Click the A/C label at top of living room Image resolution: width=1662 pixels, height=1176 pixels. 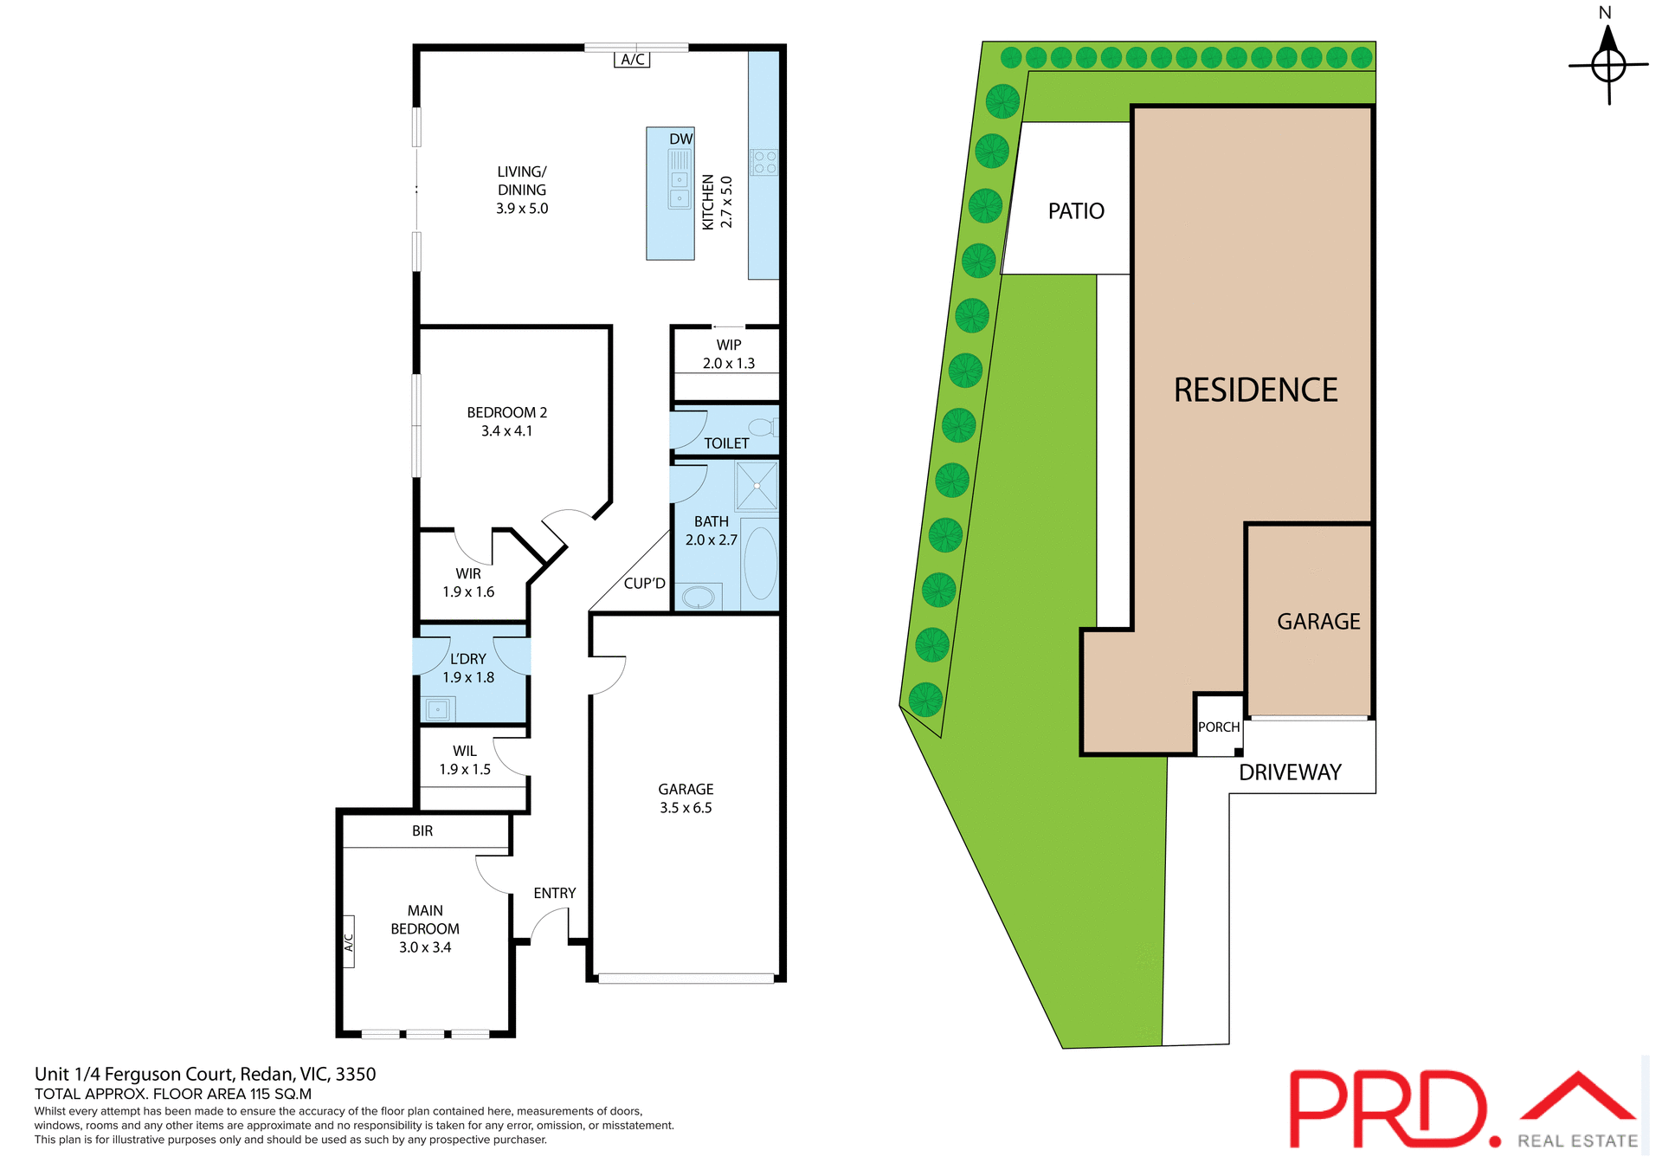632,59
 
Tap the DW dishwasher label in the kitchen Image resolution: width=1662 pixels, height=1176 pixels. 680,139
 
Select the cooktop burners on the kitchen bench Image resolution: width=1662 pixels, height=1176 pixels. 763,162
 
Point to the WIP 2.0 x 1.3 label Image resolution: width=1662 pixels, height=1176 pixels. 728,354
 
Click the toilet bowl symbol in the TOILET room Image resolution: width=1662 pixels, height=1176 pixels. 762,427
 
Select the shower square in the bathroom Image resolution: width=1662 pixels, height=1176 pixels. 757,486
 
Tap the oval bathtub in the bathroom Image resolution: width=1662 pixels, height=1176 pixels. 760,563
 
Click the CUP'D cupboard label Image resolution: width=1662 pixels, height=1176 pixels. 644,583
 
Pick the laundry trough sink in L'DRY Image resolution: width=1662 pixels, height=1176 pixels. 438,709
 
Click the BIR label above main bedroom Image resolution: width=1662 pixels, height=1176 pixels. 422,830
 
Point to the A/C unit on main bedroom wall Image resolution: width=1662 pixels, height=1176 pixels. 349,941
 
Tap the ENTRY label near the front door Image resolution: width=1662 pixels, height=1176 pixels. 554,893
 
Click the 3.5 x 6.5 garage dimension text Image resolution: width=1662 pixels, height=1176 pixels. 686,808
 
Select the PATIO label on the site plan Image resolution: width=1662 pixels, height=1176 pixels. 1076,211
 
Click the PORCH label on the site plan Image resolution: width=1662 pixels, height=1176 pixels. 1219,727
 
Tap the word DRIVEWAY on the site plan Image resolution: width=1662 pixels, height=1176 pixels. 1290,772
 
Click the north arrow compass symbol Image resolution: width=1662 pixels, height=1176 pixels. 1608,64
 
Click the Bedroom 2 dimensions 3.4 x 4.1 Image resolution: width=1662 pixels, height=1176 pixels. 506,431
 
